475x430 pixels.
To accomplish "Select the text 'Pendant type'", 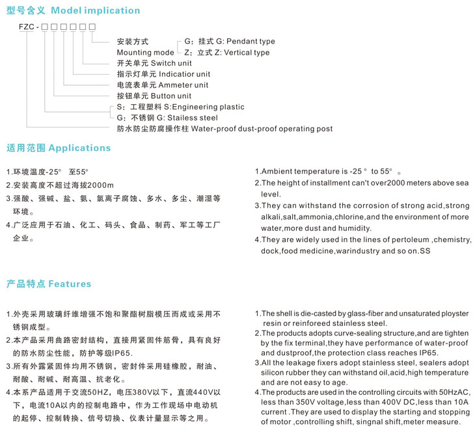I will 250,42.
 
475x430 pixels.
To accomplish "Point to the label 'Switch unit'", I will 171,63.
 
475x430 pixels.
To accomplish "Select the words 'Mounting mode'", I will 145,53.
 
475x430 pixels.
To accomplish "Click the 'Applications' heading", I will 79,148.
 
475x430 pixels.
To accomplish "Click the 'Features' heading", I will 70,284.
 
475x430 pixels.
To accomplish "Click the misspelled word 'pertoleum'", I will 408,240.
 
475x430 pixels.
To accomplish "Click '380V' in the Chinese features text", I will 153,392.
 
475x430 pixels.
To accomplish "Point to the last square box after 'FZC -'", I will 92,26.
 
